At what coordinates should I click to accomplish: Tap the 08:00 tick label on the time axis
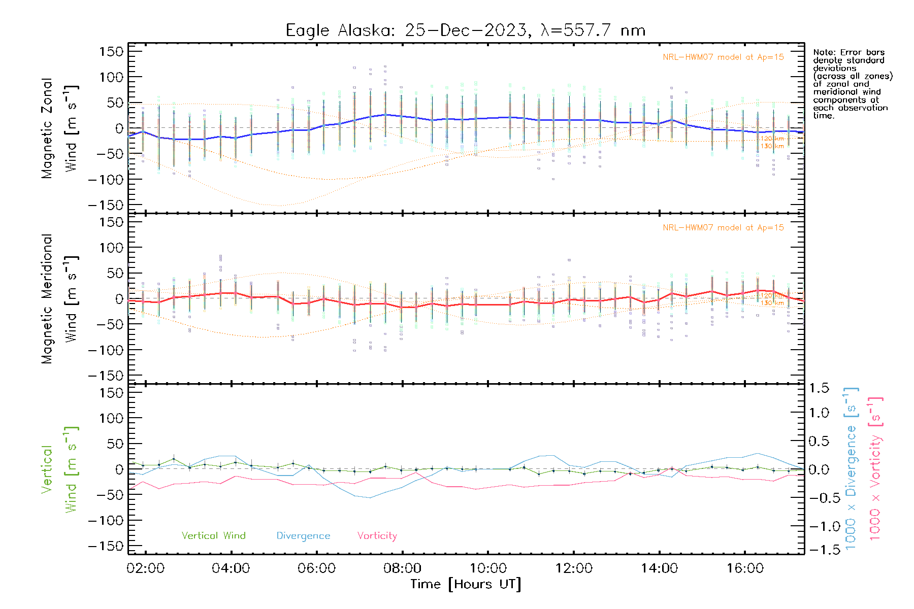coord(402,568)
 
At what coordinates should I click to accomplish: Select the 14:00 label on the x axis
coord(659,568)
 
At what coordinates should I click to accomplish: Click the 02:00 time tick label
coord(146,568)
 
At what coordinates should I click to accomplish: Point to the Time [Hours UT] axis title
coord(466,585)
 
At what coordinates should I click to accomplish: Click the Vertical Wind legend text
coord(213,536)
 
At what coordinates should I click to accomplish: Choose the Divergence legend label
coord(303,536)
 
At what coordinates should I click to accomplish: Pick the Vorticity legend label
coord(377,536)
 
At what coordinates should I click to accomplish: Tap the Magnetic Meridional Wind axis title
coord(59,299)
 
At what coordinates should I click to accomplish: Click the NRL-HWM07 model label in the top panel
coord(723,57)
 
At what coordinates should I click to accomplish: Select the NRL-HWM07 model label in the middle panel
coord(723,228)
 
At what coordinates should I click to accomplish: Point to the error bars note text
coord(852,84)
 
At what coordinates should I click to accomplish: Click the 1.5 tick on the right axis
coord(819,388)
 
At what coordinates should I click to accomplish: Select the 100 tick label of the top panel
coord(111,77)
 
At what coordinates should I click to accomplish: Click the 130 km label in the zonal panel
coord(772,146)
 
